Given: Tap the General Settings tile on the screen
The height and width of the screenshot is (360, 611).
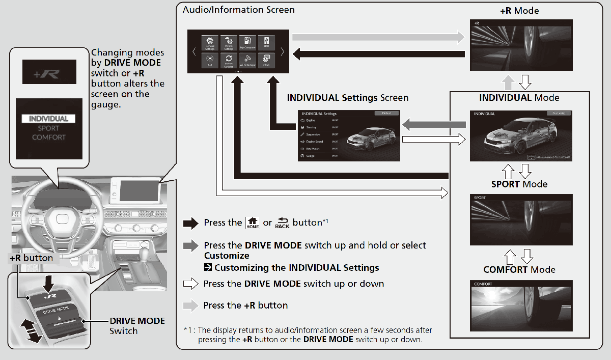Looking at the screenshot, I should [210, 42].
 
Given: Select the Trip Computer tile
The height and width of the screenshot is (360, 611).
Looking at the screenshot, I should [247, 42].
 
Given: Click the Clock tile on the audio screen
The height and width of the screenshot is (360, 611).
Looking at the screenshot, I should [266, 60].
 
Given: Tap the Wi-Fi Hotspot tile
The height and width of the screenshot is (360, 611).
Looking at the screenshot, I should [247, 60].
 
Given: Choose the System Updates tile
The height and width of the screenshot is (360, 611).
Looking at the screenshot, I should [229, 60].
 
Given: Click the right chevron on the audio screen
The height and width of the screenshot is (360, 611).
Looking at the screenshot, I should [282, 51].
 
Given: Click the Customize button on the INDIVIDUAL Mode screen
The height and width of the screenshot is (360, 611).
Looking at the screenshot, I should [559, 113].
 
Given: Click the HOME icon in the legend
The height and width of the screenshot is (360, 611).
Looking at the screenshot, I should [252, 223].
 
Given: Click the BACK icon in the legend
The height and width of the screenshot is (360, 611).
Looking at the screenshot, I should [282, 223].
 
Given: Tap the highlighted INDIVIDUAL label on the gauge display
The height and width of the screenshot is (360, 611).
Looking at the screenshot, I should [48, 119].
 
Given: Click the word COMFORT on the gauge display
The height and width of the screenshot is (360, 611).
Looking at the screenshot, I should [48, 137].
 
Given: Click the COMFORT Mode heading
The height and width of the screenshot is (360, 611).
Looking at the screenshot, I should [519, 270].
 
